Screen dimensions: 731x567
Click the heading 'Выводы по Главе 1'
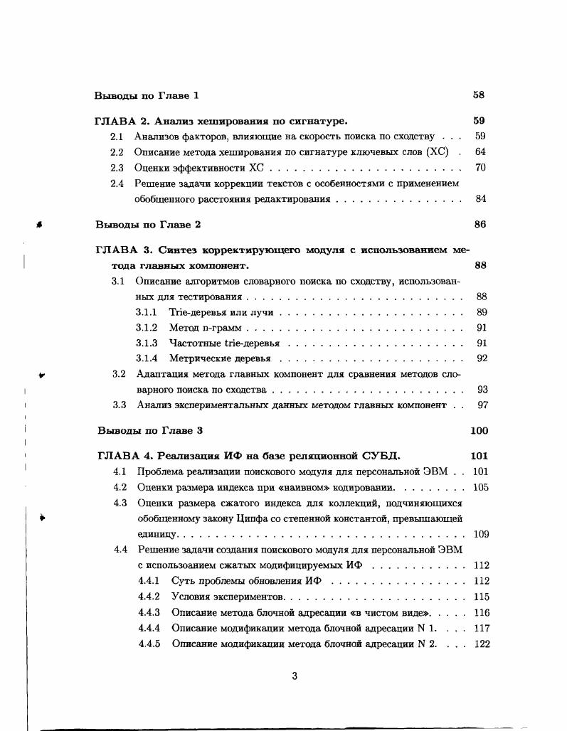pos(147,95)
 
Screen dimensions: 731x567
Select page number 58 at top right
pos(479,95)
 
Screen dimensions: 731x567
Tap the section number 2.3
pos(117,168)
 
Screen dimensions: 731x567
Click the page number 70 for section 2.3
pos(480,168)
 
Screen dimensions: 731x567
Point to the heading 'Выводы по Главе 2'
pos(148,225)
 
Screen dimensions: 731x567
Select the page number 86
pos(479,225)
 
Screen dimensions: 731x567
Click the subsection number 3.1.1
pos(147,312)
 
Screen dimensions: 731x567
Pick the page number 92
pos(482,358)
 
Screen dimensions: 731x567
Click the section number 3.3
pos(120,405)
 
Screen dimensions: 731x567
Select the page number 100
pos(479,431)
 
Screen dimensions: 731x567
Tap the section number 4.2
pos(120,488)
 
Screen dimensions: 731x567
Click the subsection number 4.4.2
pos(149,597)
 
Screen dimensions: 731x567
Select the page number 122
pos(481,644)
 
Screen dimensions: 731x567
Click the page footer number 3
pos(295,676)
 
